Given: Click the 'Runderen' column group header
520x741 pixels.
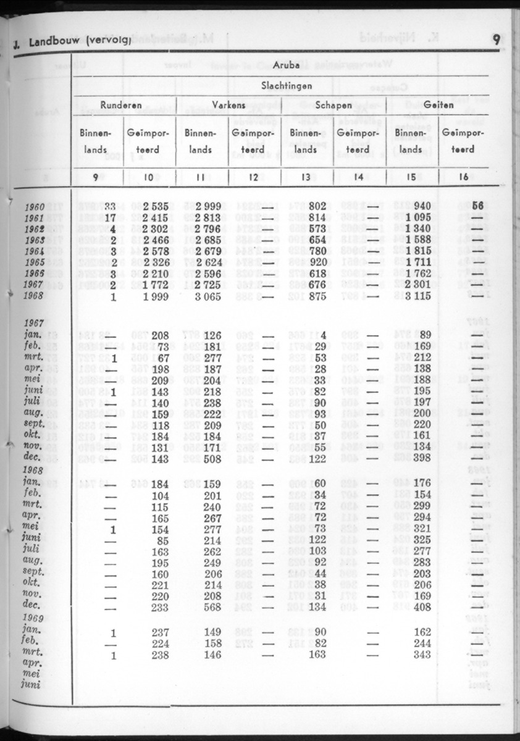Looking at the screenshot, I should [121, 106].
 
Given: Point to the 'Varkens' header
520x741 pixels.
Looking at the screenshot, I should [229, 106].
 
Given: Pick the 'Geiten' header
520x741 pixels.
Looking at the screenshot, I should [438, 106].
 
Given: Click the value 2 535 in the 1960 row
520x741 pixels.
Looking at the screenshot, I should [156, 206].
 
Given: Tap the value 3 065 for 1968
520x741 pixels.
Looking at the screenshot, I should [208, 295].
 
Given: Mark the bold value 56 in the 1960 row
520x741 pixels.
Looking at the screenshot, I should [461, 206].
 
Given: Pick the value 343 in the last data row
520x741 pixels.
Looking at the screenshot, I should [422, 655].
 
